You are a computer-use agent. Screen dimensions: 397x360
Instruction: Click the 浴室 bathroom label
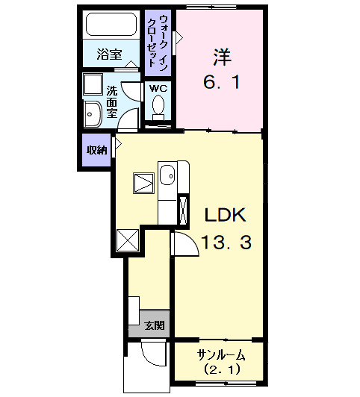(109, 54)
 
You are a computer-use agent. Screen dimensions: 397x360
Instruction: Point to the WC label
(158, 88)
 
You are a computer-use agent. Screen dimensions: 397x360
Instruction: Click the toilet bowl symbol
(158, 108)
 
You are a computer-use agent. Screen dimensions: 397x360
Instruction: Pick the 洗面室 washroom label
(111, 101)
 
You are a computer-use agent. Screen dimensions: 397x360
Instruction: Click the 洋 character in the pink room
(221, 55)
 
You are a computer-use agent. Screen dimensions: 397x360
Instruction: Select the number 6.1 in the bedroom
(221, 82)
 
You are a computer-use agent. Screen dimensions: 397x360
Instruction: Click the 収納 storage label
(96, 150)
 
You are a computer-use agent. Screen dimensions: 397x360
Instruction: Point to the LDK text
(226, 215)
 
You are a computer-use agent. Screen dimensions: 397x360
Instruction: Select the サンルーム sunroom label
(220, 353)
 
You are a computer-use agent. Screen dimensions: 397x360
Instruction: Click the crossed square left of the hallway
(128, 241)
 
